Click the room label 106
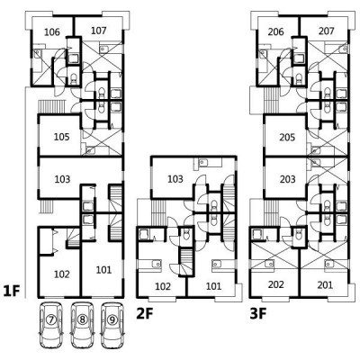pyautogui.click(x=52, y=31)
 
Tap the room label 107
pyautogui.click(x=98, y=31)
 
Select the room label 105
pyautogui.click(x=62, y=137)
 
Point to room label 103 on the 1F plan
pyautogui.click(x=62, y=179)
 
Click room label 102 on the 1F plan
pyautogui.click(x=62, y=274)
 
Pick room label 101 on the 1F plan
pyautogui.click(x=103, y=270)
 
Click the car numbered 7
pyautogui.click(x=51, y=325)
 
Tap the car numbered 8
pyautogui.click(x=82, y=325)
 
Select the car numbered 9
pyautogui.click(x=112, y=325)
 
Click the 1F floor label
pyautogui.click(x=12, y=291)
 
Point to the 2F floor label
pyautogui.click(x=145, y=314)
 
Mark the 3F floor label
pyautogui.click(x=258, y=314)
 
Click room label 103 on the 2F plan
pyautogui.click(x=175, y=179)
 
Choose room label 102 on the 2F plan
pyautogui.click(x=163, y=286)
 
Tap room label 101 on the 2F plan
pyautogui.click(x=213, y=286)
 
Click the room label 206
pyautogui.click(x=275, y=31)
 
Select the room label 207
pyautogui.click(x=326, y=31)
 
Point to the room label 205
pyautogui.click(x=287, y=138)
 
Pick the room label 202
pyautogui.click(x=275, y=284)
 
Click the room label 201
pyautogui.click(x=325, y=284)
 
